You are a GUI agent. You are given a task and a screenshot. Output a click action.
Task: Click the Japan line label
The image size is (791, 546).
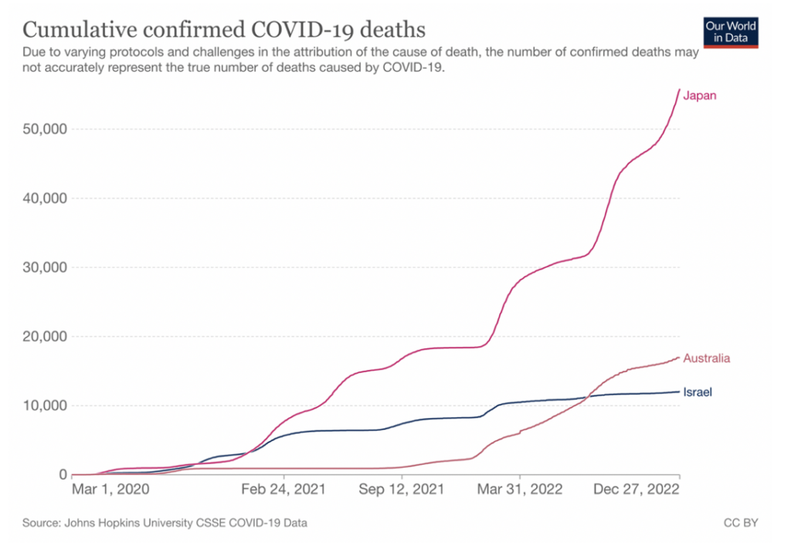(x=700, y=96)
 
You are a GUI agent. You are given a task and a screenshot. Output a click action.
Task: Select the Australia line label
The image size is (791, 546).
(x=707, y=358)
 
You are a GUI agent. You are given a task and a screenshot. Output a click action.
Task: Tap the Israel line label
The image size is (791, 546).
(x=698, y=392)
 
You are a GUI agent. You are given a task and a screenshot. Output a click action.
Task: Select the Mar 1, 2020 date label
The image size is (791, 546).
(x=110, y=490)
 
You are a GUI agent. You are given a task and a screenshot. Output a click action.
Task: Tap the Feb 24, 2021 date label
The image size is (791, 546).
(x=284, y=490)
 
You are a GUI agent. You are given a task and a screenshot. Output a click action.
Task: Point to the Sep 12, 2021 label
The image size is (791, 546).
(x=402, y=490)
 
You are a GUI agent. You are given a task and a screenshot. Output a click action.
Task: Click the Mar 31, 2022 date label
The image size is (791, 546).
(x=519, y=490)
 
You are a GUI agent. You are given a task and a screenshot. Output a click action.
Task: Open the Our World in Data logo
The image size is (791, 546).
(x=731, y=31)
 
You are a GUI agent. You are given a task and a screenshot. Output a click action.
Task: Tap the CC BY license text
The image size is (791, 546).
(x=741, y=523)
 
